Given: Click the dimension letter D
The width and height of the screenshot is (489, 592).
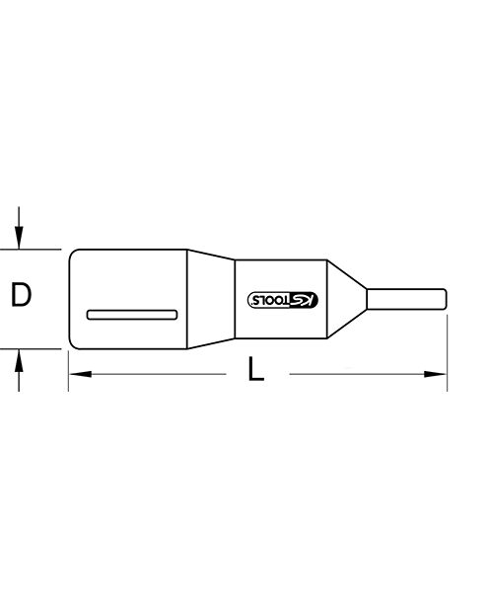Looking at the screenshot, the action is tap(21, 294).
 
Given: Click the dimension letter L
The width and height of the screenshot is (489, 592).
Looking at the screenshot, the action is tap(255, 368).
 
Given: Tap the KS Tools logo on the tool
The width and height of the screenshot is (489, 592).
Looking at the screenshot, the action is tap(283, 300).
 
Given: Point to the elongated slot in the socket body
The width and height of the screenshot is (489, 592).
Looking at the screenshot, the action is tap(132, 315).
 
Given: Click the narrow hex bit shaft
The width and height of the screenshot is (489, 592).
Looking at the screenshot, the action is tap(407, 299).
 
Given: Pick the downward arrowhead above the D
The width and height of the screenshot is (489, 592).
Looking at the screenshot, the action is tap(19, 238).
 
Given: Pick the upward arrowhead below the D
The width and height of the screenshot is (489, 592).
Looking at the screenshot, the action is tap(19, 360).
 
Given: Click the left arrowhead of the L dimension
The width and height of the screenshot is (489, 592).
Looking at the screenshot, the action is tap(81, 374).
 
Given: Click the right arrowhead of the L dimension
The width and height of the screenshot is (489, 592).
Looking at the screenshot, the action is tap(435, 374).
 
